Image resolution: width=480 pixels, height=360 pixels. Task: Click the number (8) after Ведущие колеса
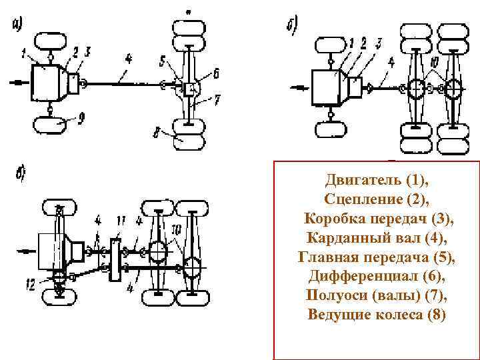(x=434, y=314)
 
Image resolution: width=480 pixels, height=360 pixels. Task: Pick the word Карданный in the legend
(x=349, y=238)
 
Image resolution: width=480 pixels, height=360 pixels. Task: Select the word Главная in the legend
(x=329, y=257)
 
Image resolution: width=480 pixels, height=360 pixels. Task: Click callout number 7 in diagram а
(x=217, y=100)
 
